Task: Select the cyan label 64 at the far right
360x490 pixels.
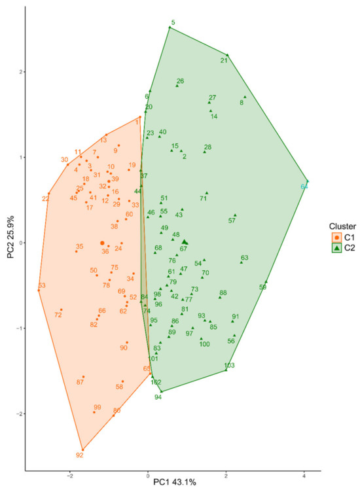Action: click(304, 187)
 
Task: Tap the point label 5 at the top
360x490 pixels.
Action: click(173, 23)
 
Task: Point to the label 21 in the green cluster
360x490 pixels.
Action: click(224, 61)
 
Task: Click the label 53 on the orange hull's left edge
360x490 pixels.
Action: click(42, 285)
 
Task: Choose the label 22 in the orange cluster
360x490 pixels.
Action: click(46, 199)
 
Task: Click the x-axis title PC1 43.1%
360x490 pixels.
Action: click(173, 482)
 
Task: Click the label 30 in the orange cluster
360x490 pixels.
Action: click(64, 160)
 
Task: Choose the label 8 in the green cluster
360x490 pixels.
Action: click(242, 102)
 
